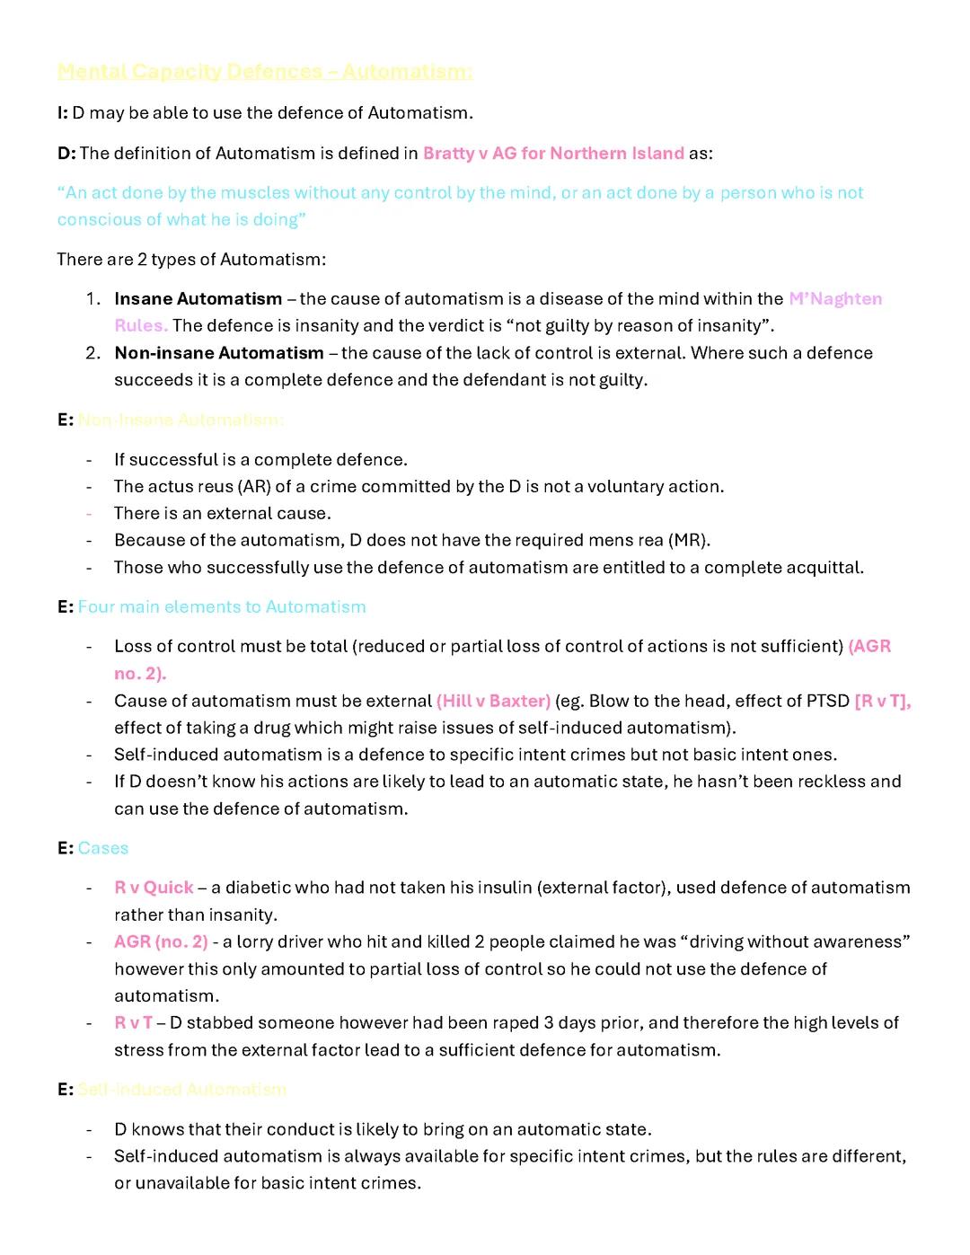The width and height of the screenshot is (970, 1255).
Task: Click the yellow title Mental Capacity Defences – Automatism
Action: click(264, 71)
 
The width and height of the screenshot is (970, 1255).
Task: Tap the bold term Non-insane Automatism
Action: click(219, 353)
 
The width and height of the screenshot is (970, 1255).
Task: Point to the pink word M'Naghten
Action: click(835, 299)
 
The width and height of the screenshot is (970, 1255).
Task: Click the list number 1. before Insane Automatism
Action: click(93, 299)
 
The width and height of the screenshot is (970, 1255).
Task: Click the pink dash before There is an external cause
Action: click(89, 514)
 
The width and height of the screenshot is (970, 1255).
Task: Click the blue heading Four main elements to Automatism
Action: click(222, 607)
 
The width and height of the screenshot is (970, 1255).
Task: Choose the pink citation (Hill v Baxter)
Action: click(493, 702)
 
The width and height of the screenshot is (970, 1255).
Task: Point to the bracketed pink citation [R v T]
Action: click(882, 702)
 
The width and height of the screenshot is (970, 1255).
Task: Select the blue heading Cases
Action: click(103, 849)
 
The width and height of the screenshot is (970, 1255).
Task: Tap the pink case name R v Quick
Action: click(154, 888)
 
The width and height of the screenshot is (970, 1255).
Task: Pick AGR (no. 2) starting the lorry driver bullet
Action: click(161, 942)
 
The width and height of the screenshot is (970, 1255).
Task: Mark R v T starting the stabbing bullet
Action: click(133, 1023)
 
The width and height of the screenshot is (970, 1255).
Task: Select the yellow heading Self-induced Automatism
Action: click(181, 1090)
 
